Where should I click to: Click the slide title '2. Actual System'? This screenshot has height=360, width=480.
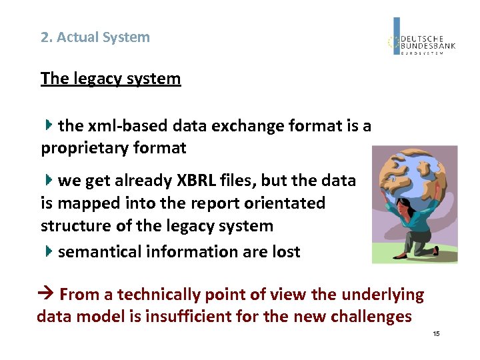pyautogui.click(x=95, y=37)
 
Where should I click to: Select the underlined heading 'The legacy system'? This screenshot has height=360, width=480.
pyautogui.click(x=111, y=79)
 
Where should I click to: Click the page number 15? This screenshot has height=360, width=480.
pyautogui.click(x=436, y=333)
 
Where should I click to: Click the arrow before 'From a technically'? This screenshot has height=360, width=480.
pyautogui.click(x=47, y=295)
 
